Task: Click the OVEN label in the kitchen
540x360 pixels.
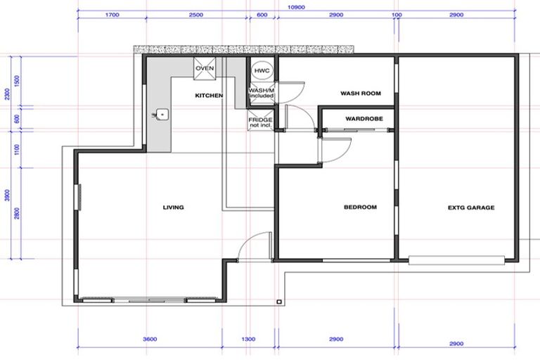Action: (205, 68)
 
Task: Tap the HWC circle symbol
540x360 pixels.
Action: (262, 71)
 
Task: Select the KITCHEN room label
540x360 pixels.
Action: (209, 95)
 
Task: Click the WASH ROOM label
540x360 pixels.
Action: (360, 93)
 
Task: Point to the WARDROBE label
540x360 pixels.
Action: (364, 119)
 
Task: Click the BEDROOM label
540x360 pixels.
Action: (360, 207)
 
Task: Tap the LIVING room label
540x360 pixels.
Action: (173, 207)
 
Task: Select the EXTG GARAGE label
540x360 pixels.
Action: (470, 207)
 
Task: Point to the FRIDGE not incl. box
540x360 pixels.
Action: (259, 122)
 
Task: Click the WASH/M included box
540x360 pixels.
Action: (261, 93)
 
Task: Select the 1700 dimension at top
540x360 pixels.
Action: (111, 15)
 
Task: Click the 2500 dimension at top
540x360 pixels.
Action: (196, 15)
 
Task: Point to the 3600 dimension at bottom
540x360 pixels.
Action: (149, 340)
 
